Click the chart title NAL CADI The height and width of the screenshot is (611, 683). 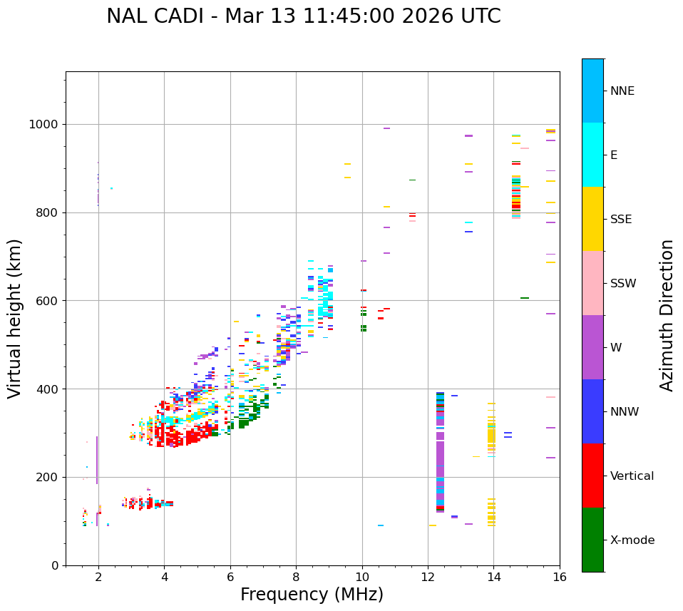point(304,16)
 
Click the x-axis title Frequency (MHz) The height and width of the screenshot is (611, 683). point(312,595)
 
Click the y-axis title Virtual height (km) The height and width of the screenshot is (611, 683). point(15,319)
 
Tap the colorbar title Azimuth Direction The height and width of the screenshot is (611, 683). point(667,315)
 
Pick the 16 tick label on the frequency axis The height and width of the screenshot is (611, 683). point(559,577)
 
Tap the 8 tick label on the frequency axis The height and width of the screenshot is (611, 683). point(296,577)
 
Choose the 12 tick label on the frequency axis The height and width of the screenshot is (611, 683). point(428,577)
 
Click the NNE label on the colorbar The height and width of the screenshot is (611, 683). point(622,91)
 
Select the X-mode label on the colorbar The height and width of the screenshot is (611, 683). point(632,540)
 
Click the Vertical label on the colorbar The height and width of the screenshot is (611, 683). point(632,476)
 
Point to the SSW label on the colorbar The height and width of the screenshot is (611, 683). point(623,284)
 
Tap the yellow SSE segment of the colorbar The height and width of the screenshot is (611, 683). point(592,219)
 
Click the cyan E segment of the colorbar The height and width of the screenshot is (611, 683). point(592,155)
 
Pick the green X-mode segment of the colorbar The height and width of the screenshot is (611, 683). point(592,540)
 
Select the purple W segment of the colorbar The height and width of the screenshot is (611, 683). point(592,347)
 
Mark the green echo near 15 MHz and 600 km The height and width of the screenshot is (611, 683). point(525,298)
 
